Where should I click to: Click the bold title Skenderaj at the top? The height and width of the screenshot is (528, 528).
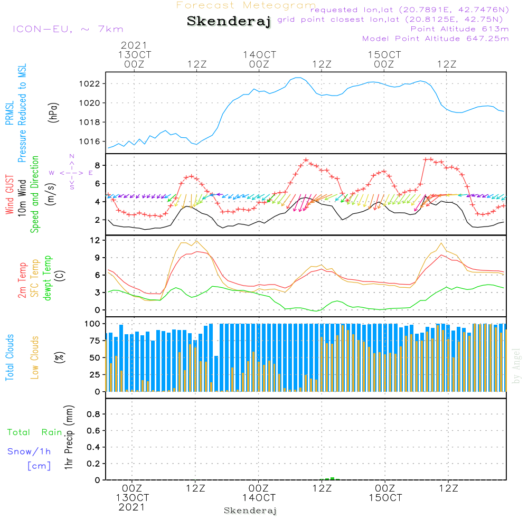point(229,22)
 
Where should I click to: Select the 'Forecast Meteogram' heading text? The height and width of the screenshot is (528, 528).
point(246,5)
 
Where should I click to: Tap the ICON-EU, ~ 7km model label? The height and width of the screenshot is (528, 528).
point(68,29)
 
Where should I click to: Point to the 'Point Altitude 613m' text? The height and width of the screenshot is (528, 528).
point(459,29)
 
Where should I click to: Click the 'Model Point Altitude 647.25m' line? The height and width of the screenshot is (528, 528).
point(435,38)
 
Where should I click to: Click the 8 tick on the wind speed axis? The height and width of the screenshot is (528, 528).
point(98,165)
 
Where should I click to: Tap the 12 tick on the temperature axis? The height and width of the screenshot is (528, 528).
point(96,240)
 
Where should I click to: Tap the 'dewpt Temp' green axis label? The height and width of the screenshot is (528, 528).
point(48,278)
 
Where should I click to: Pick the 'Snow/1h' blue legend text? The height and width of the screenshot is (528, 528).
point(29,451)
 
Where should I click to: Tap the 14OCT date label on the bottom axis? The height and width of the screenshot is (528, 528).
point(259,497)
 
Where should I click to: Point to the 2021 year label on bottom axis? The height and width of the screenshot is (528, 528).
point(131,507)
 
